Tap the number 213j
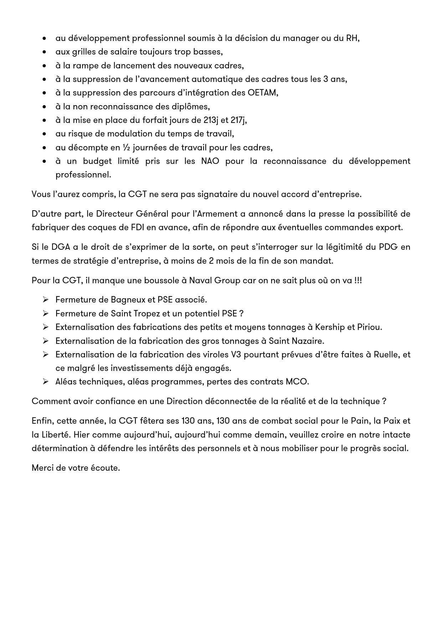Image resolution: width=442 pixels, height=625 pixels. click(211, 120)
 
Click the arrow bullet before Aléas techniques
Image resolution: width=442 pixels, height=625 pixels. click(45, 382)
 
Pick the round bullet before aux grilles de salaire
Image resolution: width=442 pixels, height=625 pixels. click(44, 52)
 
